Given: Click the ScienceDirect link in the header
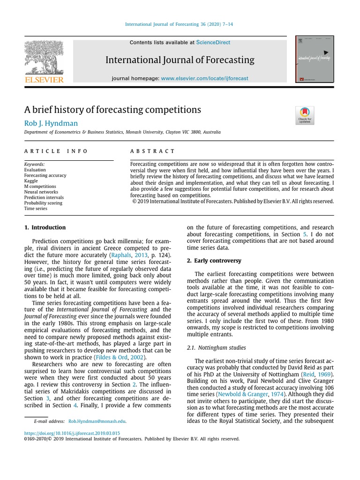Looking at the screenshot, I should [213, 43].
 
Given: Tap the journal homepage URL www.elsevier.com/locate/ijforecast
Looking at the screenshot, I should [204, 78].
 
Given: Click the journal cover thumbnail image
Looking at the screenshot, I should [314, 60].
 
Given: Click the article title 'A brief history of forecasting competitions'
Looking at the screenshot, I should [112, 110].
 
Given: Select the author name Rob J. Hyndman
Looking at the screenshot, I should [51, 123].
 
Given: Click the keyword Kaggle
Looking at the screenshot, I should [31, 181].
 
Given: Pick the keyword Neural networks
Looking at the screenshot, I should [41, 192].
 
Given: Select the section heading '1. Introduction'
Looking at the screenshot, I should [45, 227].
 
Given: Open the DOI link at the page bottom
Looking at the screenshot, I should [72, 433].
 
